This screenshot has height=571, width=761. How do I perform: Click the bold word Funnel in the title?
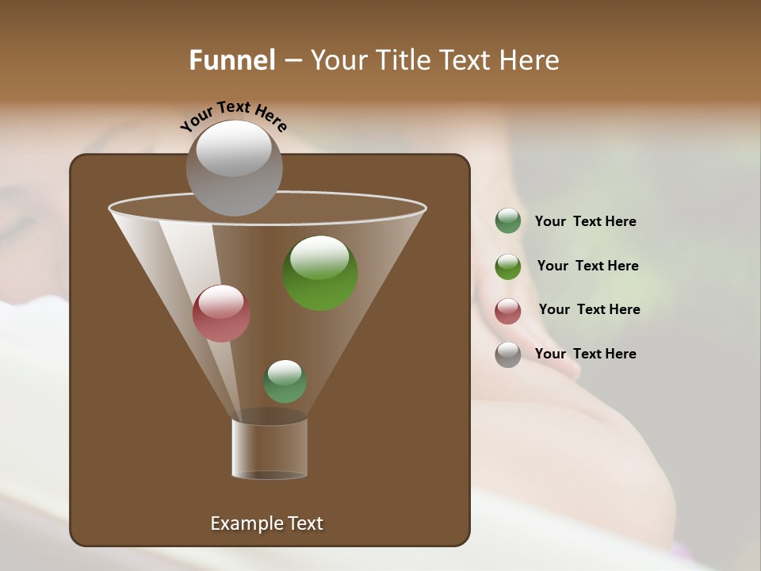pyautogui.click(x=231, y=60)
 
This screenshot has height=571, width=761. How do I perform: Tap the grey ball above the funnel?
pyautogui.click(x=234, y=167)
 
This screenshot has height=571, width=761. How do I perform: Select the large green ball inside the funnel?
pyautogui.click(x=319, y=273)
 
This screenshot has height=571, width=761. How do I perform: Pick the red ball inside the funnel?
pyautogui.click(x=221, y=313)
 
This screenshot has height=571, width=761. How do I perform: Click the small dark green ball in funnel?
pyautogui.click(x=285, y=381)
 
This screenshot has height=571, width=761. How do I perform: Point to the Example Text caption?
pyautogui.click(x=266, y=523)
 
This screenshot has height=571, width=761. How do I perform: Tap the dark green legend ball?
pyautogui.click(x=507, y=221)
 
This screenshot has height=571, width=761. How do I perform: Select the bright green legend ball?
pyautogui.click(x=507, y=266)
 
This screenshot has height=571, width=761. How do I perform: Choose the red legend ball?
pyautogui.click(x=507, y=311)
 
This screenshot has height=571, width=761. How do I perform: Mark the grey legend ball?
pyautogui.click(x=507, y=354)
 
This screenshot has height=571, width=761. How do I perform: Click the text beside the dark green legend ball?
pyautogui.click(x=585, y=222)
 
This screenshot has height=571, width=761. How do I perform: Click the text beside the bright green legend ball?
pyautogui.click(x=587, y=266)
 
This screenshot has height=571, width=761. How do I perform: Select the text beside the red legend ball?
pyautogui.click(x=589, y=310)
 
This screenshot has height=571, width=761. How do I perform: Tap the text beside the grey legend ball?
pyautogui.click(x=585, y=354)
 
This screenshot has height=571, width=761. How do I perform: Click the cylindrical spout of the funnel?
pyautogui.click(x=270, y=448)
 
